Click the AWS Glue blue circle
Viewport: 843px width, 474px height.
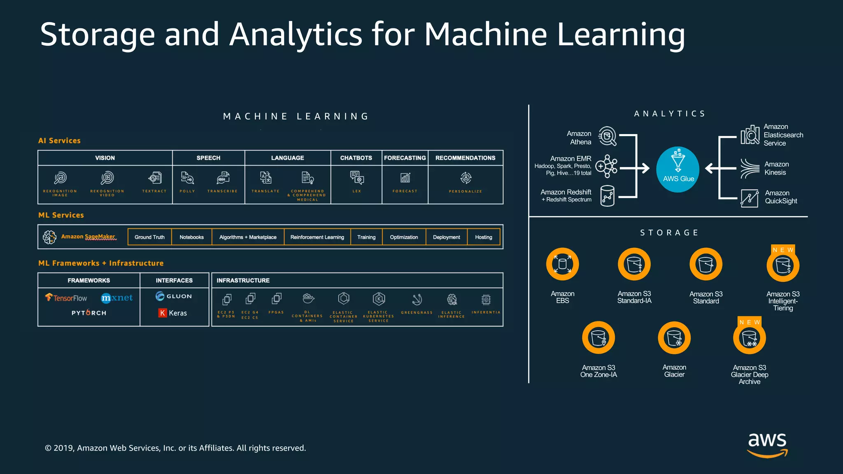click(x=678, y=169)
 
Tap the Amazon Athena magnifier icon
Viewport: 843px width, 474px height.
click(x=607, y=136)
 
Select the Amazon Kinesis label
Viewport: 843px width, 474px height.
click(x=776, y=168)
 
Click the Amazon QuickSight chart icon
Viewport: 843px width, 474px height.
click(x=749, y=198)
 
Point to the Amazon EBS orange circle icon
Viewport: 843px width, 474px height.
click(x=562, y=264)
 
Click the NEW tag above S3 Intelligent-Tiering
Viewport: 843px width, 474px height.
click(x=783, y=250)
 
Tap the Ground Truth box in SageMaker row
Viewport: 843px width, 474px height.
click(x=149, y=237)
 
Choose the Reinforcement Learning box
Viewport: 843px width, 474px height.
click(x=317, y=237)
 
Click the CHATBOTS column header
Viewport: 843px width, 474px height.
click(x=356, y=158)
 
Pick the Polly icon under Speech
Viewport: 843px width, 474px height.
click(x=187, y=178)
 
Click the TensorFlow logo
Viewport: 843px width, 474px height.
click(x=66, y=297)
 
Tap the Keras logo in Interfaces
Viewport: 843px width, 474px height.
click(x=172, y=313)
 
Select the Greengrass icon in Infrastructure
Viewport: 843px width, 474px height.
click(x=417, y=299)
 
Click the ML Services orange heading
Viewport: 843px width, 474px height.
click(x=61, y=215)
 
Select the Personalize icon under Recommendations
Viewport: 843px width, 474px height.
click(x=466, y=178)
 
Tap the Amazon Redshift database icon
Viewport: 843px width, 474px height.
click(x=607, y=196)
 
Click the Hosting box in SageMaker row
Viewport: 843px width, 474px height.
click(x=483, y=237)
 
